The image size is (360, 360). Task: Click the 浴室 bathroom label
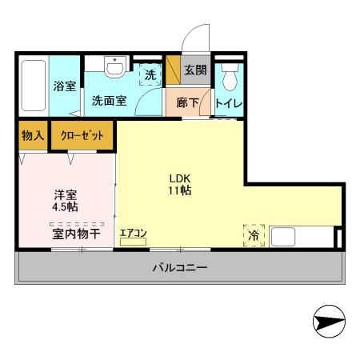66,86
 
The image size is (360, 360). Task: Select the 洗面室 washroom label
107,101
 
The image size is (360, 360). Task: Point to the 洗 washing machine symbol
150,74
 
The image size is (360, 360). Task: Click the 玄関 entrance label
195,71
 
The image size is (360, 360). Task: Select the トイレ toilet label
229,104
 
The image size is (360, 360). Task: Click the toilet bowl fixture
230,77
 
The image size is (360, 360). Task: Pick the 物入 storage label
32,136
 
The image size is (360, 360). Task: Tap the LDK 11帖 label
180,184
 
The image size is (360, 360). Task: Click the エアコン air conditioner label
133,234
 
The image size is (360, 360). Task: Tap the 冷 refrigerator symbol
254,235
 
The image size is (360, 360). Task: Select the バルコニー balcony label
181,267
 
